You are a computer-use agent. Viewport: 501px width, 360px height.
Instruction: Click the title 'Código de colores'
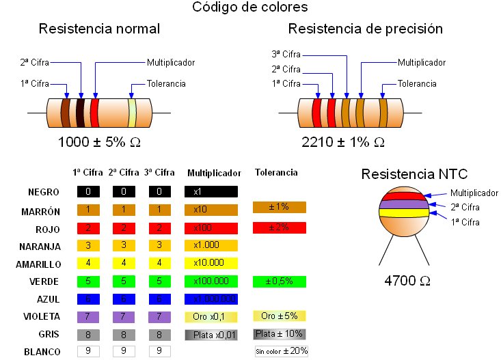pyautogui.click(x=249, y=8)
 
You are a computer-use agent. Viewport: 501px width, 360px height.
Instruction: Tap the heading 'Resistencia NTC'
pyautogui.click(x=414, y=173)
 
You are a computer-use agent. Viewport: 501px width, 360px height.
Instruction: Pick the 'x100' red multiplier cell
pyautogui.click(x=211, y=227)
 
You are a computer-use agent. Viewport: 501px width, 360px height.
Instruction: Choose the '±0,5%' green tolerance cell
pyautogui.click(x=279, y=281)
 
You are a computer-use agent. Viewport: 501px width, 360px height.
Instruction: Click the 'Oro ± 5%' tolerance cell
pyautogui.click(x=279, y=316)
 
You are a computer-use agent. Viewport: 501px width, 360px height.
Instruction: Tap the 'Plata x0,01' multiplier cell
pyautogui.click(x=211, y=334)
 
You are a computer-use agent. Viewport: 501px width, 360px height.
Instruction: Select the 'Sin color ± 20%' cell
pyautogui.click(x=282, y=351)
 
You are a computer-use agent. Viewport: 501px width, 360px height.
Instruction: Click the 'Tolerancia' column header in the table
pyautogui.click(x=275, y=173)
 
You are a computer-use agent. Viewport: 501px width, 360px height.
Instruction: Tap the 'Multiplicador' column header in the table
pyautogui.click(x=214, y=173)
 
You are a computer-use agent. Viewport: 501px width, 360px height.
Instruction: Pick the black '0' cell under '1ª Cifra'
pyautogui.click(x=88, y=192)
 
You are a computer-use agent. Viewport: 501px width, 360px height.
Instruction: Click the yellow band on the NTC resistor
pyautogui.click(x=404, y=212)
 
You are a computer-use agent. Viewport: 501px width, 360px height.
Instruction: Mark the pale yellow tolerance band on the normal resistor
pyautogui.click(x=132, y=113)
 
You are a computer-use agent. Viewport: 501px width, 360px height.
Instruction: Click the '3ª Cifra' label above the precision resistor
pyautogui.click(x=286, y=55)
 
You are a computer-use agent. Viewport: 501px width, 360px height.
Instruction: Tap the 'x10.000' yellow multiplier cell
pyautogui.click(x=211, y=263)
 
